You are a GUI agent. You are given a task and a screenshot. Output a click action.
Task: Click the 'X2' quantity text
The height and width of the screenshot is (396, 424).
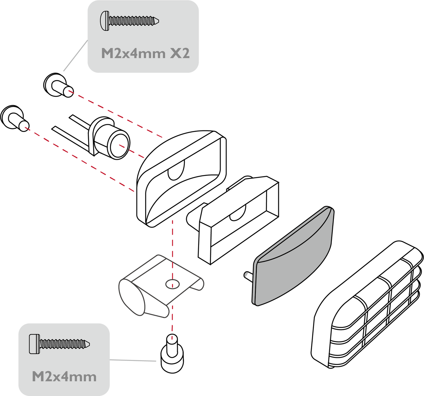[180, 53]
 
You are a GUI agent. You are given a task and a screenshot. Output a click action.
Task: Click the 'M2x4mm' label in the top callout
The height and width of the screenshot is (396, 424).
[133, 53]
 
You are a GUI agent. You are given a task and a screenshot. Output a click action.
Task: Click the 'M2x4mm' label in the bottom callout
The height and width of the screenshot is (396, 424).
[64, 376]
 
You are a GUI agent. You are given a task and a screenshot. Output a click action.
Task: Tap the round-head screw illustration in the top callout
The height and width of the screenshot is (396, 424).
[130, 21]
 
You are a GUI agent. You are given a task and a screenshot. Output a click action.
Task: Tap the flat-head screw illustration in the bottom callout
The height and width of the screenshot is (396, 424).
[59, 344]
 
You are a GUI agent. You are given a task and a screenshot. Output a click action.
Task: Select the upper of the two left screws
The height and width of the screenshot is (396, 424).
[58, 85]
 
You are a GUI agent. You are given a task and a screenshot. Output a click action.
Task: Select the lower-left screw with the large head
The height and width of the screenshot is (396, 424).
[15, 118]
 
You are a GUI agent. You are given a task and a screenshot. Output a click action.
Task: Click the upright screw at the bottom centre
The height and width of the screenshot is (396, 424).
[172, 353]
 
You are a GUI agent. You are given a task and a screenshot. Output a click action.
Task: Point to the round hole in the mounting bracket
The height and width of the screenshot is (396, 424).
[173, 284]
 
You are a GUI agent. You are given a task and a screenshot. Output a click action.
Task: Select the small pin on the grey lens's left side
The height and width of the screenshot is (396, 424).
[248, 276]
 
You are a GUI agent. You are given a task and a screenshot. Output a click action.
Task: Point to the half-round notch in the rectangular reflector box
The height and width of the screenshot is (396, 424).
[238, 213]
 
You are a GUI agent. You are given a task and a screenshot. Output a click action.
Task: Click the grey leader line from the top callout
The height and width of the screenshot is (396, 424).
[76, 56]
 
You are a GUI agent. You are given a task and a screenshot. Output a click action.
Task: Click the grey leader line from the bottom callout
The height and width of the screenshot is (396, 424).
[133, 360]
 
